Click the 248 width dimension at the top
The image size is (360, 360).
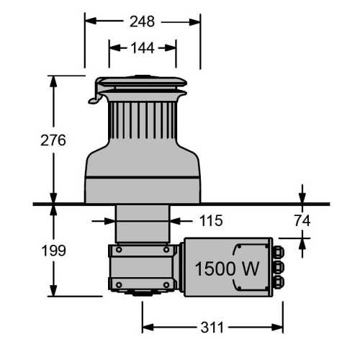click(143, 22)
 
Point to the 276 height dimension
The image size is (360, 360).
click(53, 140)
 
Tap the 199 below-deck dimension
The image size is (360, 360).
click(53, 251)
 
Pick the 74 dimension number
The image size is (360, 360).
click(302, 220)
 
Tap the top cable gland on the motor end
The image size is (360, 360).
click(279, 252)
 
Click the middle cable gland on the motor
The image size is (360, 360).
click(279, 268)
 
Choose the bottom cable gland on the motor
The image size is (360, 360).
click(279, 283)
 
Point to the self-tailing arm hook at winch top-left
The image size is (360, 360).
click(94, 98)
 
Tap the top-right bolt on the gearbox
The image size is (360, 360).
click(168, 251)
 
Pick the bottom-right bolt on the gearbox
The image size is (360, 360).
click(168, 285)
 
